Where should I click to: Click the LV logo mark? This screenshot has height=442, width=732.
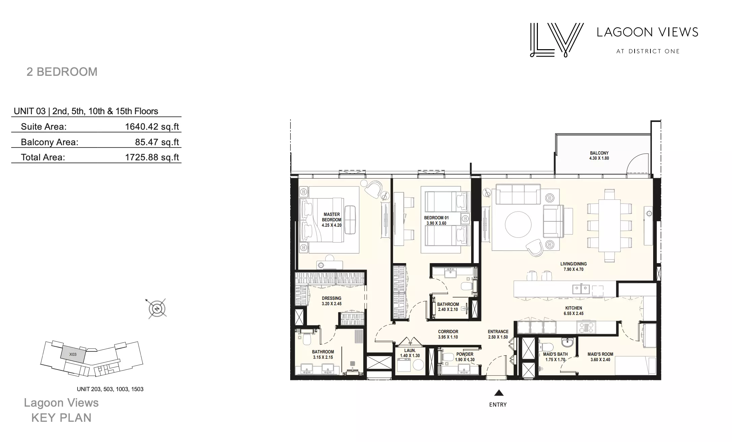[x=557, y=40]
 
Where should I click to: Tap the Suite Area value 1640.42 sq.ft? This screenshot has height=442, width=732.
[x=152, y=127]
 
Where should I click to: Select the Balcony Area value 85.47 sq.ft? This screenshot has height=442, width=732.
[x=157, y=142]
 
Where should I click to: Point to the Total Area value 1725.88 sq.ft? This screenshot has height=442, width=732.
[x=152, y=157]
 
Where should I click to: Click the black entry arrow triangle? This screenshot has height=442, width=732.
[x=499, y=393]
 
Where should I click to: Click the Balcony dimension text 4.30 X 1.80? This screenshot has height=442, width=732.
[x=599, y=158]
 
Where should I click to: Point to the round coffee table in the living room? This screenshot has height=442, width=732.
[x=518, y=225]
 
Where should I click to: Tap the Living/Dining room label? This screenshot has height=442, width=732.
[x=574, y=264]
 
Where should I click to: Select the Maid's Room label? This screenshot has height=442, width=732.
[x=600, y=354]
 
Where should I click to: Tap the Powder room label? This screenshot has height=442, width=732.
[x=465, y=354]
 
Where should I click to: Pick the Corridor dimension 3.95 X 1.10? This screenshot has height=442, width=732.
[x=448, y=337]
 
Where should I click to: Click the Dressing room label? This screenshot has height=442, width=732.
[x=332, y=298]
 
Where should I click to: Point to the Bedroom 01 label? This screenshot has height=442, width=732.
[x=436, y=218]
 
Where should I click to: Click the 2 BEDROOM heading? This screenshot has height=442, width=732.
[x=62, y=72]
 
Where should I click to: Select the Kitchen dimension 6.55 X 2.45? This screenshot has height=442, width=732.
[x=574, y=314]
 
